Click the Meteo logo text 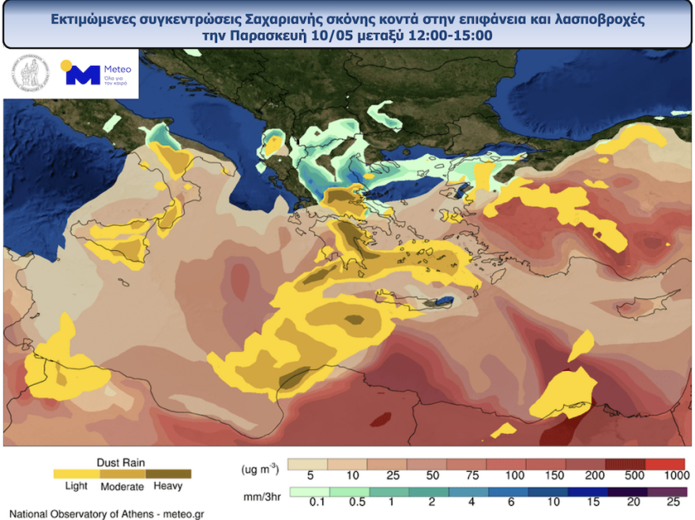coord(114,69)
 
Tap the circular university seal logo coord(29,75)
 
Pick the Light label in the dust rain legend coord(76,487)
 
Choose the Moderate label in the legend coord(122,487)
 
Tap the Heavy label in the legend coord(167,487)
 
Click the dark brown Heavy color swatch coord(168,474)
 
